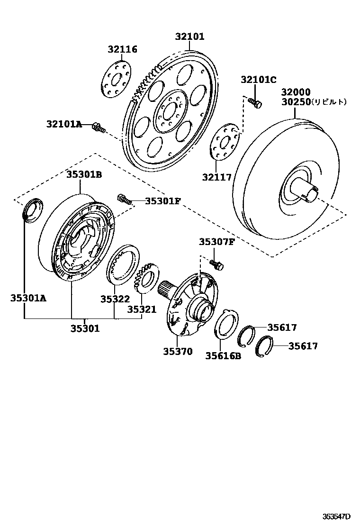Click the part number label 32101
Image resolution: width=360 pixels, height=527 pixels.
189,36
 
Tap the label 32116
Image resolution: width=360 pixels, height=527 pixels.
122,49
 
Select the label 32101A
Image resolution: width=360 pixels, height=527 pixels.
64,125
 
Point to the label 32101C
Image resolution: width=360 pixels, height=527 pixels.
258,80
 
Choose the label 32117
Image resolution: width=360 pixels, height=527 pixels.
217,177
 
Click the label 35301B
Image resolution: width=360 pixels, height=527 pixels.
84,174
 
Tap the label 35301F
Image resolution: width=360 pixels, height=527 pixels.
162,201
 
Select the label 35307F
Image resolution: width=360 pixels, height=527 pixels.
216,243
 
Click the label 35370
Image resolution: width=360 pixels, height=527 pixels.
178,351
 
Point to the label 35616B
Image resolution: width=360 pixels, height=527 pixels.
223,355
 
